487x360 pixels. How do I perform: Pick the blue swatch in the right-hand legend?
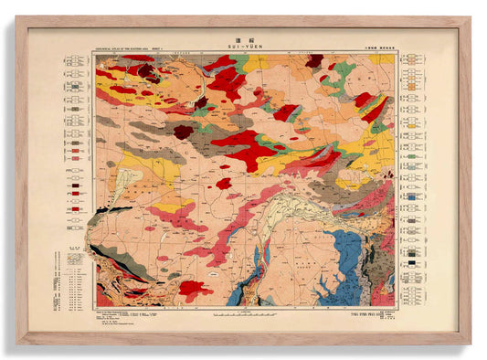pyautogui.click(x=414, y=195)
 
